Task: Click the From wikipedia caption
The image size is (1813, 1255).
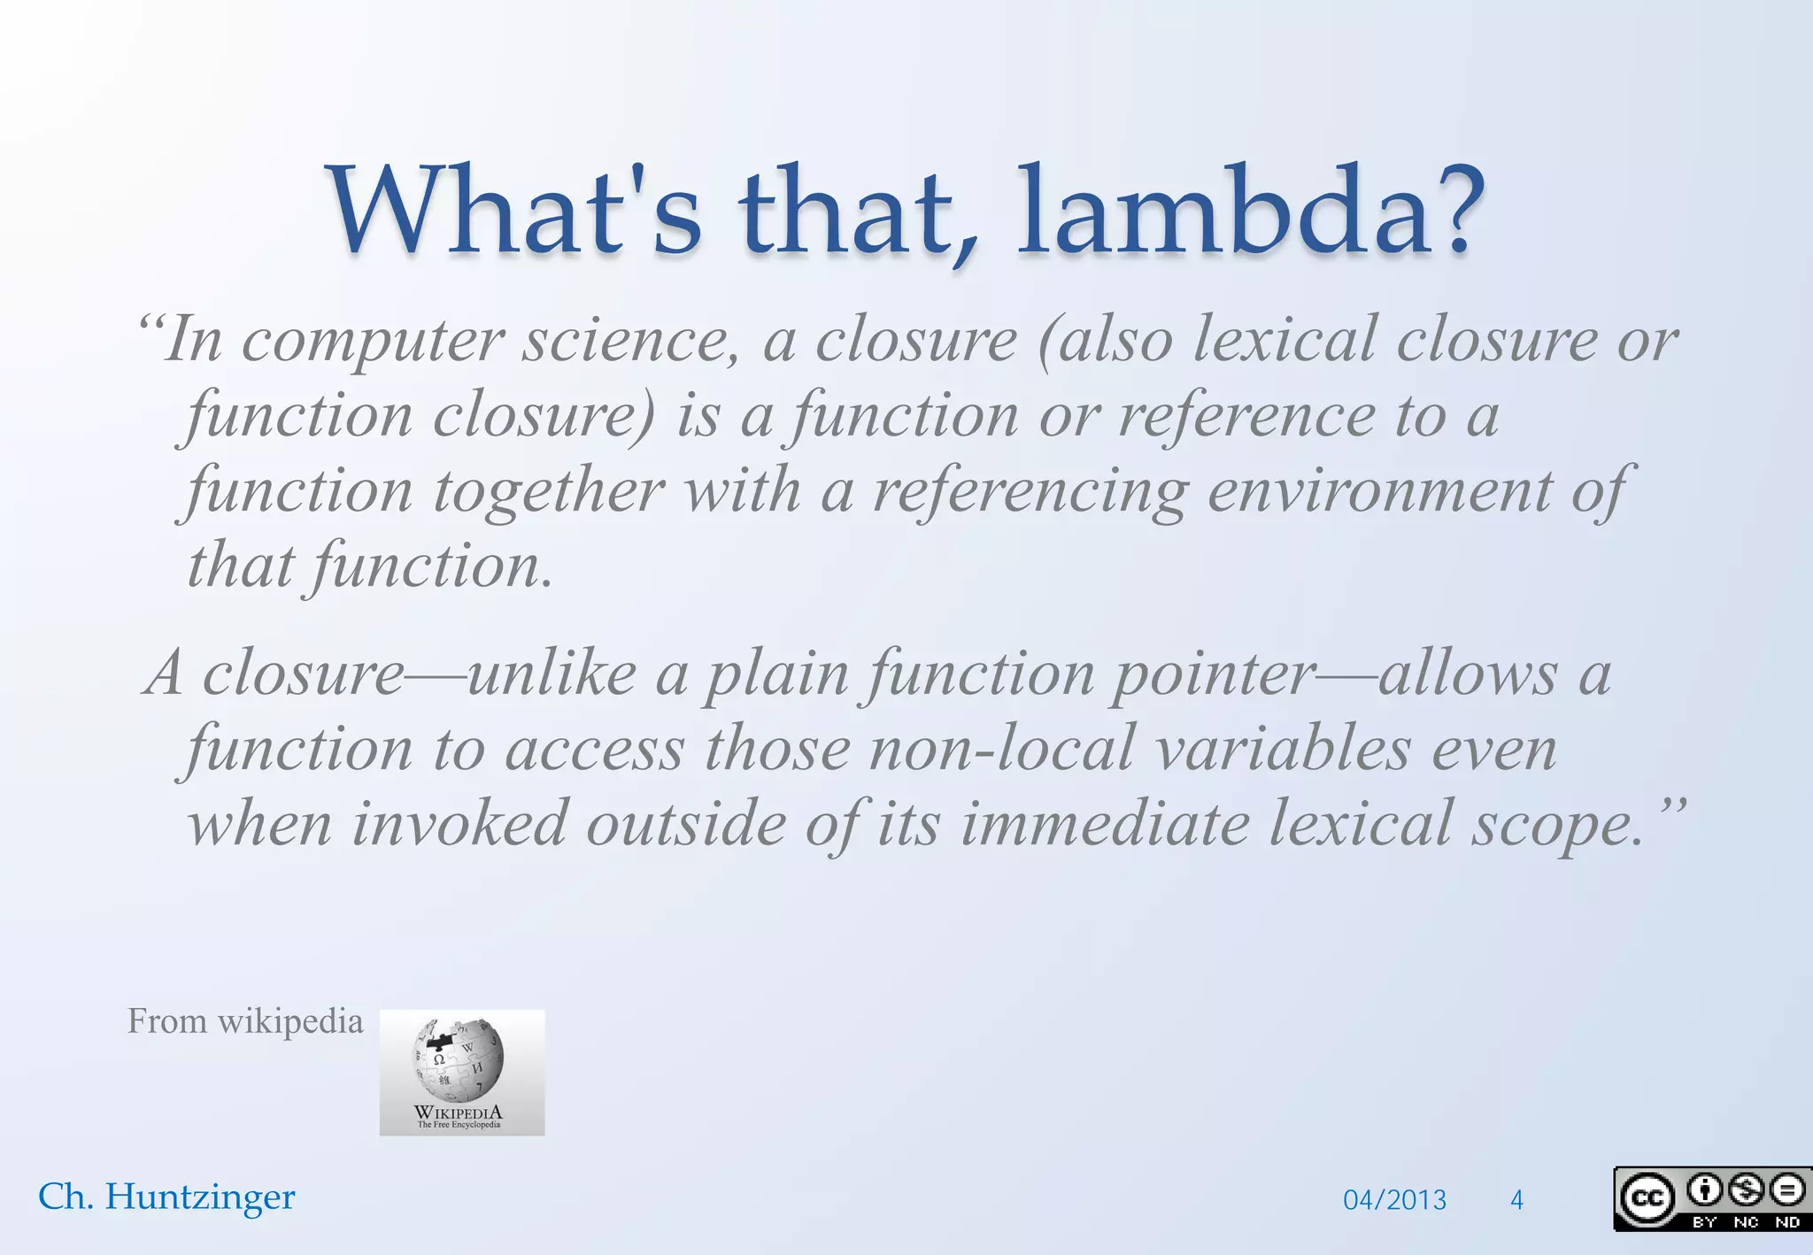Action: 245,1021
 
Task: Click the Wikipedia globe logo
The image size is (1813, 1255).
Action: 459,1059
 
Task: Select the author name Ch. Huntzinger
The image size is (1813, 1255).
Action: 166,1197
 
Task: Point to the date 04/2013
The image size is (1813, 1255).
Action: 1394,1200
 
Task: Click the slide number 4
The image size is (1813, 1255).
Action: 1516,1200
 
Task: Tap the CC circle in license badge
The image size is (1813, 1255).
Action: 1646,1198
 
